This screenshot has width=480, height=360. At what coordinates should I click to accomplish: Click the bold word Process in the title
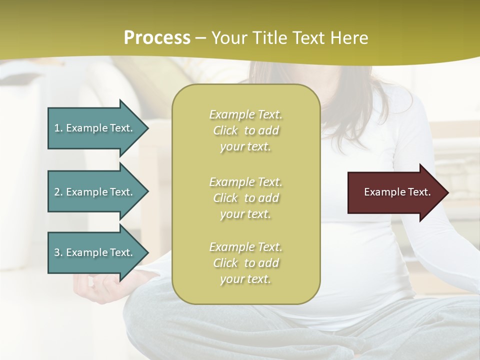tap(157, 38)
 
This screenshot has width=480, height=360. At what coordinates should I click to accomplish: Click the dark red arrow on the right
tap(395, 192)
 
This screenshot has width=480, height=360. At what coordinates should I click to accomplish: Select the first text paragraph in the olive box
tap(245, 130)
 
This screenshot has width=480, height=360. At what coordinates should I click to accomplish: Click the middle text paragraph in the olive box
tap(245, 197)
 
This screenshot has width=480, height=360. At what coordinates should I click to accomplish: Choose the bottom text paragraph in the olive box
tap(245, 263)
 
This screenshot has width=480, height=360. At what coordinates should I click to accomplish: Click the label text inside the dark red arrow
tap(397, 192)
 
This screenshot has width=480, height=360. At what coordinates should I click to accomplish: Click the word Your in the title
tap(229, 38)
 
